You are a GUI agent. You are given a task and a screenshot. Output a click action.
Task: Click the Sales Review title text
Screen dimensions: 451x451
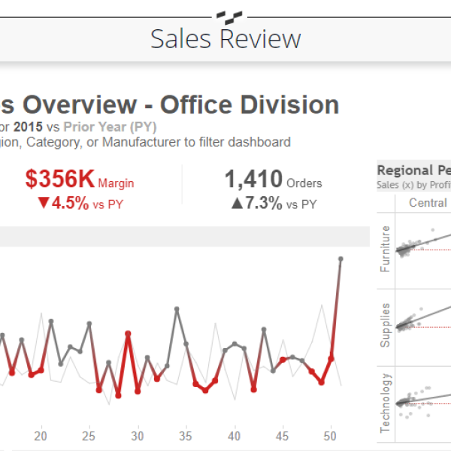click(x=225, y=39)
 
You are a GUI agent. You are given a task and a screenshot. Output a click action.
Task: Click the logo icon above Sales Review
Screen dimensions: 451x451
click(x=225, y=14)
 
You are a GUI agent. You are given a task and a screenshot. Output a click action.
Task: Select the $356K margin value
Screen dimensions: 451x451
click(x=60, y=180)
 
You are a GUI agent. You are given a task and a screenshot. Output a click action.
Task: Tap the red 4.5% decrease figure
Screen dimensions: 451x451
click(x=64, y=204)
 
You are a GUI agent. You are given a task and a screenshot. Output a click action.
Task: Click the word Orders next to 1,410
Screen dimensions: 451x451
click(x=304, y=183)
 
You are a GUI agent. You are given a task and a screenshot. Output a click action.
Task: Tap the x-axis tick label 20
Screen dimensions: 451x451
click(x=41, y=436)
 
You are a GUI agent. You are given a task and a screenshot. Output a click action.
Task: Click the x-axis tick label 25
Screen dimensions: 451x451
click(x=89, y=436)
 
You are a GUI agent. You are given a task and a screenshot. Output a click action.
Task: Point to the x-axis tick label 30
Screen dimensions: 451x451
click(x=138, y=436)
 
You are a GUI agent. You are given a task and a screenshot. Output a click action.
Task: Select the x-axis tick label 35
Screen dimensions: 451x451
click(x=186, y=436)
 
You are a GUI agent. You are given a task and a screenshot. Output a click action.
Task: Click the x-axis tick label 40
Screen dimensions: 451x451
click(x=234, y=436)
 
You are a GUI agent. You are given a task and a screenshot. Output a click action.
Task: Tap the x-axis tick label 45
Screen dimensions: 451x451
click(x=282, y=436)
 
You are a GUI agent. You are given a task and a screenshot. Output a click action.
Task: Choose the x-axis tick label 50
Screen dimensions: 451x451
click(x=330, y=436)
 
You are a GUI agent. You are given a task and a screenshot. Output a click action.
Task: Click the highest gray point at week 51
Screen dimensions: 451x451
click(x=341, y=259)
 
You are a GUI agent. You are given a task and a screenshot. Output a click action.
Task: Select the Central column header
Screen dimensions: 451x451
click(x=428, y=203)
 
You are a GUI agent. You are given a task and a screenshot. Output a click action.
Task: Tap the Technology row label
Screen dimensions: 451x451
click(x=386, y=402)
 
